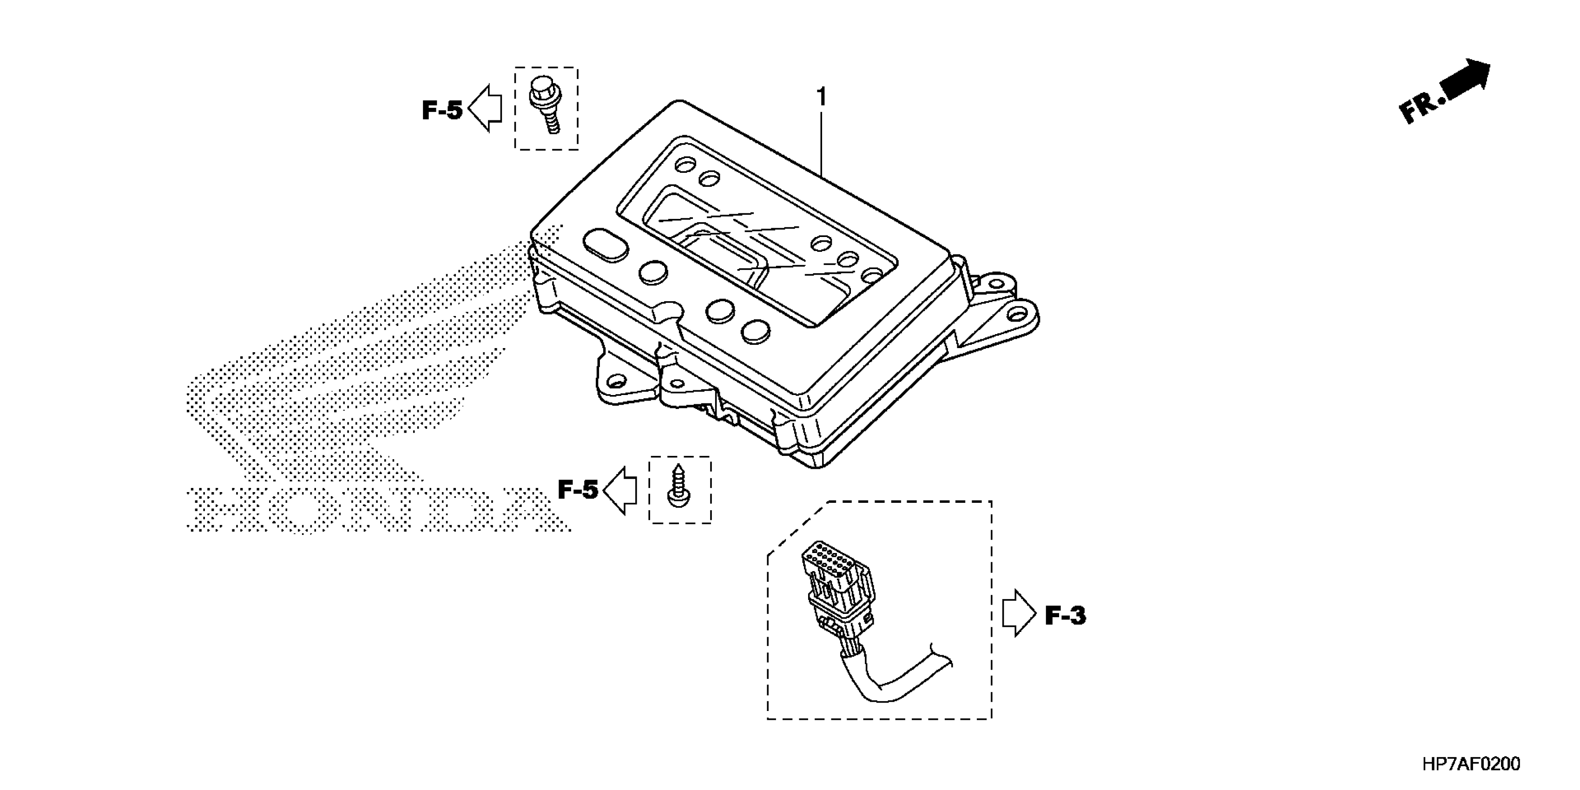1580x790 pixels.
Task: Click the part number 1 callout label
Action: tap(821, 97)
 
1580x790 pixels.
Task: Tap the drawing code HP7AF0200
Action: tap(1471, 764)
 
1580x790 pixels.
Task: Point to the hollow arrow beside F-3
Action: tap(1018, 613)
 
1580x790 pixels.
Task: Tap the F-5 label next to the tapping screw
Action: tap(577, 489)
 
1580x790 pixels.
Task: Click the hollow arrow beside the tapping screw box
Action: tap(621, 489)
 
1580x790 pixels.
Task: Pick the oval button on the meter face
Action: tap(177, 247)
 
